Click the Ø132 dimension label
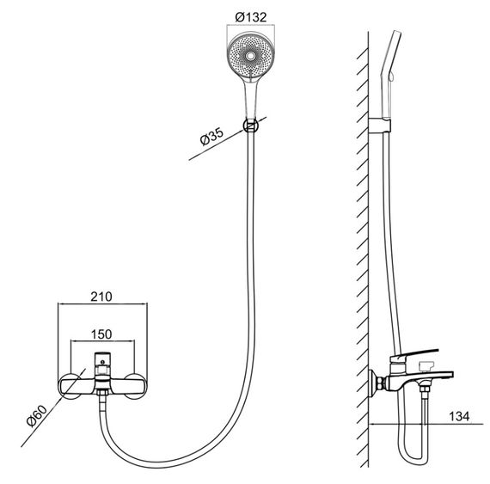pos(251,17)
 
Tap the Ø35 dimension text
pos(211,137)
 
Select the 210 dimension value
pos(101,297)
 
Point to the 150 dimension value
pos(101,334)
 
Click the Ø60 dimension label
pos(37,415)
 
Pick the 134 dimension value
pos(459,416)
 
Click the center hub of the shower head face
pos(249,56)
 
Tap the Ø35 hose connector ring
pos(251,126)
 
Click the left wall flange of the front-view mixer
pos(70,386)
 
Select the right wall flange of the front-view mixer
pos(134,386)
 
